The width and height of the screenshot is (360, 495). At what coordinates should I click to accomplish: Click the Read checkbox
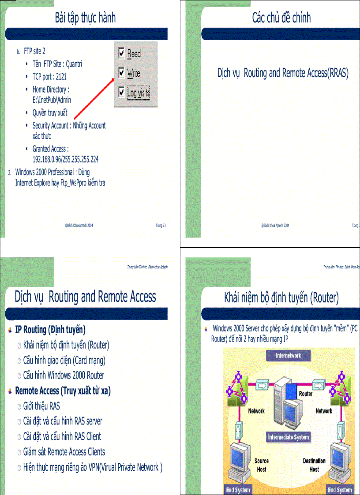click(x=122, y=54)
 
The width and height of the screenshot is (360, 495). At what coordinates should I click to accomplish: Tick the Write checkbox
click(x=122, y=73)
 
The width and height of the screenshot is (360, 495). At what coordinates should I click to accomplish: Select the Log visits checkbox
click(x=122, y=93)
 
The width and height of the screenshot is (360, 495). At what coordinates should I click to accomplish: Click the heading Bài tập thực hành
click(x=85, y=18)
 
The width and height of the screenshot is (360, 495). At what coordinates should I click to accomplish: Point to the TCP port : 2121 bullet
click(x=49, y=77)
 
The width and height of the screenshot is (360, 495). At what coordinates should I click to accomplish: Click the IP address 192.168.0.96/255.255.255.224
click(x=65, y=160)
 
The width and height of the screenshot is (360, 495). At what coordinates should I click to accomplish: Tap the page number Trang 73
click(x=161, y=225)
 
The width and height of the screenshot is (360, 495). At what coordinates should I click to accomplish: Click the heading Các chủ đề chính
click(x=281, y=18)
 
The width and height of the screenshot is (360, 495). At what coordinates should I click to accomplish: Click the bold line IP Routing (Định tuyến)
click(x=50, y=329)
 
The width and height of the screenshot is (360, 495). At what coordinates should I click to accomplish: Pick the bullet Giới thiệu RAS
click(x=41, y=406)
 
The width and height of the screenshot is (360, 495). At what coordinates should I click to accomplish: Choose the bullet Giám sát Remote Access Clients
click(x=64, y=452)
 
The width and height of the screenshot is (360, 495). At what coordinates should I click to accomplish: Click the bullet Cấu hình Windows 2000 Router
click(x=64, y=376)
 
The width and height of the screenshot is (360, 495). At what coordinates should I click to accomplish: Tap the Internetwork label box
click(x=288, y=355)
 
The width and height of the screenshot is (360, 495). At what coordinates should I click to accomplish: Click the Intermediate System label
click(x=289, y=437)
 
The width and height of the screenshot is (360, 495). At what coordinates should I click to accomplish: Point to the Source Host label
click(x=262, y=465)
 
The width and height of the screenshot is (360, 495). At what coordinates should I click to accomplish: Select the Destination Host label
click(x=314, y=465)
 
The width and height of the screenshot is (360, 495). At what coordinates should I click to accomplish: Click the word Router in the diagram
click(x=306, y=393)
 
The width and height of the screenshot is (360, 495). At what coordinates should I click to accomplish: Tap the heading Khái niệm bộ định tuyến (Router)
click(x=281, y=298)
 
